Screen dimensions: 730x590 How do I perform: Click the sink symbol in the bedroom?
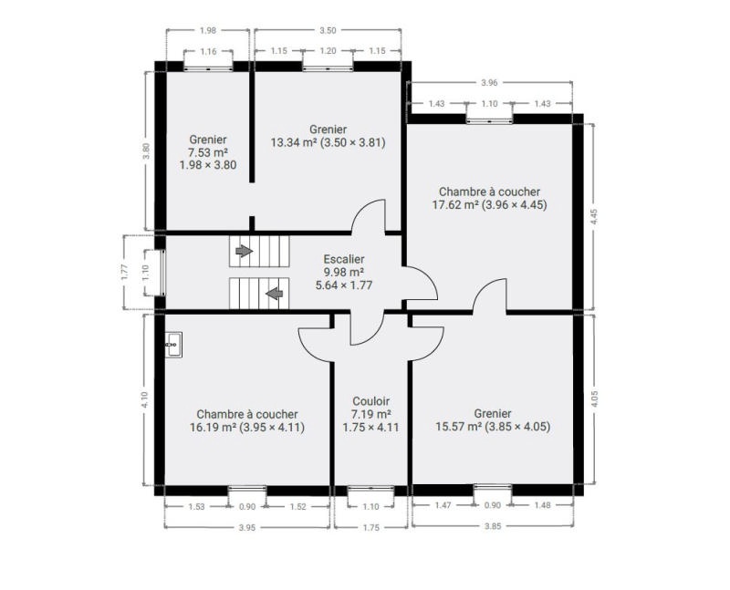pos(173,345)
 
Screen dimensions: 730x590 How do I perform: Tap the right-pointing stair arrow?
pos(244,252)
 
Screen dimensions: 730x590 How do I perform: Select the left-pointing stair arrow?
pos(275,294)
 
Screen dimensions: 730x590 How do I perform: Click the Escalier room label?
pos(344,259)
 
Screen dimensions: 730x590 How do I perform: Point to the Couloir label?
pos(371,401)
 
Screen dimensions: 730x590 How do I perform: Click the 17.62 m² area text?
pos(455,205)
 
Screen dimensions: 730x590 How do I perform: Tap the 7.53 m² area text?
pos(208,152)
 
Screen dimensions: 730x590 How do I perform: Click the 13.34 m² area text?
pos(294,142)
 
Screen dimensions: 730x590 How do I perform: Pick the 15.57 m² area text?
pos(459,426)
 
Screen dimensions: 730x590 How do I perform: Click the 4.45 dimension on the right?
pos(594,217)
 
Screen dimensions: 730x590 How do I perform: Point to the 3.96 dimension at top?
pos(489,83)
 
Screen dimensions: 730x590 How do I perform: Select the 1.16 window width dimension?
pos(209,52)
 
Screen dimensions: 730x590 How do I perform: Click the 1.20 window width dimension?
pos(328,51)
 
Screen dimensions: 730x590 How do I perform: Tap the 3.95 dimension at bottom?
pos(247,528)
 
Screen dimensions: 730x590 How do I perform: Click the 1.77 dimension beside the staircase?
pos(124,272)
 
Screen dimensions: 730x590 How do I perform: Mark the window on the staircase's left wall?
pos(163,273)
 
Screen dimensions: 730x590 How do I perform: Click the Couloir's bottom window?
pos(370,489)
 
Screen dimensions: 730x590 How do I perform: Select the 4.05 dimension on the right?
pos(594,399)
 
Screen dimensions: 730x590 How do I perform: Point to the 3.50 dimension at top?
pos(328,31)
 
